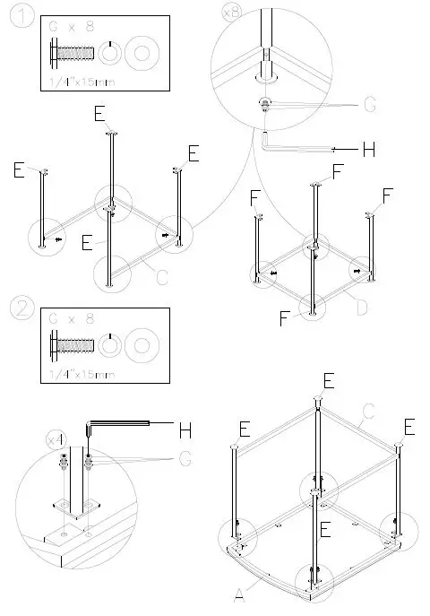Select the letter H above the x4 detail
(185, 429)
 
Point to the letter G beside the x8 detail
(369, 106)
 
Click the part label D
(360, 308)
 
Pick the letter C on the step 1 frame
(162, 278)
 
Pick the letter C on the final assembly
(365, 415)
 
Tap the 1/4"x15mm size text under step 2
(80, 372)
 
